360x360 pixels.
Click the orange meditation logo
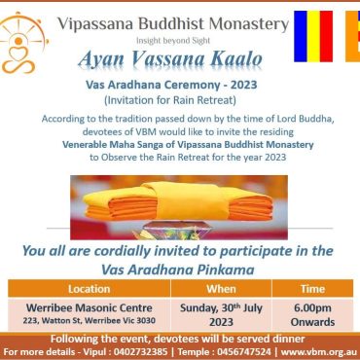pyautogui.click(x=22, y=43)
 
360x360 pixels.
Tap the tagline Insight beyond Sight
pyautogui.click(x=173, y=41)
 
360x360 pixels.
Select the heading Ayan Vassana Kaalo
pyautogui.click(x=170, y=59)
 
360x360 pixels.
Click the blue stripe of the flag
pyautogui.click(x=301, y=36)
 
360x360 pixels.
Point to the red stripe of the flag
pyautogui.click(x=326, y=36)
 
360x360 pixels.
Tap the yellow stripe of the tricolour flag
pyautogui.click(x=313, y=36)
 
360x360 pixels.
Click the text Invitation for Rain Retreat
pyautogui.click(x=170, y=100)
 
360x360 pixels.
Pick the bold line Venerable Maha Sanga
pyautogui.click(x=188, y=145)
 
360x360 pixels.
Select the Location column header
pyautogui.click(x=90, y=289)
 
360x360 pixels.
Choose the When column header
pyautogui.click(x=221, y=289)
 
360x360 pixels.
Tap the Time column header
pyautogui.click(x=312, y=289)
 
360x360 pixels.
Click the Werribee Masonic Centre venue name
pyautogui.click(x=90, y=307)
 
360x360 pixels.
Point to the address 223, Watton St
pyautogui.click(x=90, y=321)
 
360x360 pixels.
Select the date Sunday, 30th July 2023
pyautogui.click(x=221, y=314)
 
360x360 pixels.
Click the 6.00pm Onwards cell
pyautogui.click(x=312, y=314)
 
